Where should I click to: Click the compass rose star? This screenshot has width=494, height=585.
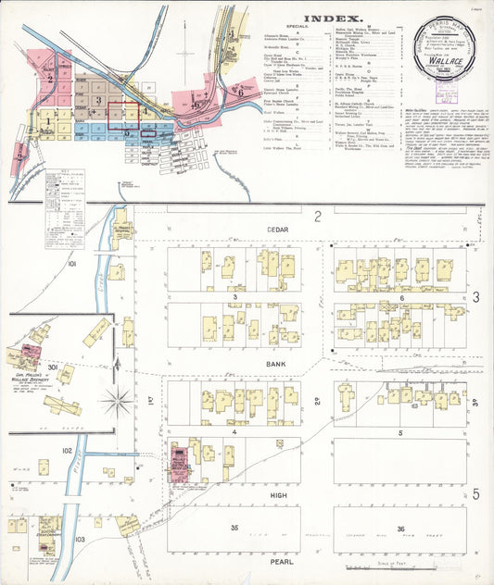point(118,401)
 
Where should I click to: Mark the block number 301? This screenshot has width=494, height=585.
point(54,367)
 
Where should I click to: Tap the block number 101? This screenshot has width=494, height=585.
point(71,264)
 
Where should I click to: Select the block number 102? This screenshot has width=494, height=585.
point(67,450)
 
